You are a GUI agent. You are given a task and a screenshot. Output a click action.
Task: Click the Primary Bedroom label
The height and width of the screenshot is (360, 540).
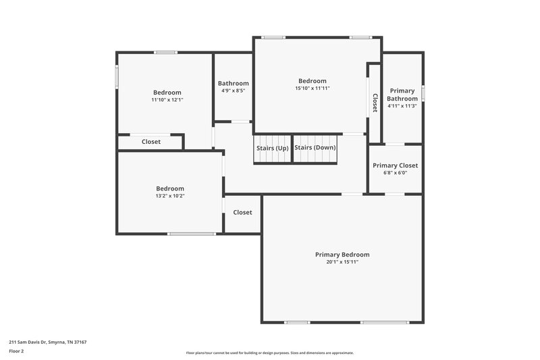coord(342,255)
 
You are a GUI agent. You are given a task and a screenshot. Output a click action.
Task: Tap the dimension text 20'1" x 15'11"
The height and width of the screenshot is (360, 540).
coord(342,262)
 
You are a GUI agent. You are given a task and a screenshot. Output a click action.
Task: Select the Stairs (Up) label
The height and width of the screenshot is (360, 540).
coord(273,148)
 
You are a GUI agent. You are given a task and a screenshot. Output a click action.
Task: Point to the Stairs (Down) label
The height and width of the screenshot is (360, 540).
coord(315,147)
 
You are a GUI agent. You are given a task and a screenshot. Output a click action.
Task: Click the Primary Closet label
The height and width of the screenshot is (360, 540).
coord(395,165)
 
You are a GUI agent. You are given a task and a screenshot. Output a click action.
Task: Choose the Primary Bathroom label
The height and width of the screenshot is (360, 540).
coord(402,95)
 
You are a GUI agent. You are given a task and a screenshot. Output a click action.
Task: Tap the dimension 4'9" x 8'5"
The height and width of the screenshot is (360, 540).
coord(233,91)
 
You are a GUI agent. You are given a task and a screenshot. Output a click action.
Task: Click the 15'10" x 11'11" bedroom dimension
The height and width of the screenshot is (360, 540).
coord(313,88)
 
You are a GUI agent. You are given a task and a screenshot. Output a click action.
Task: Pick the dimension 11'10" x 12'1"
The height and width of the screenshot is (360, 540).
coord(167,100)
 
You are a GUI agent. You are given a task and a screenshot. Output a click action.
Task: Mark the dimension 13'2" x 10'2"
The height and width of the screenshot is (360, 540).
coord(170,196)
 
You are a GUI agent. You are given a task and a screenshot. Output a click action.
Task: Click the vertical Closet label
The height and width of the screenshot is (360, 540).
coord(375,103)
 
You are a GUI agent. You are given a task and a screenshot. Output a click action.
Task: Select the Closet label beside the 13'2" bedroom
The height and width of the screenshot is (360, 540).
coord(242,212)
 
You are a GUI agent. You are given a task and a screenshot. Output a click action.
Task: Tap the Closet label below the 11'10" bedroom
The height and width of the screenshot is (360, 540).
coord(151,142)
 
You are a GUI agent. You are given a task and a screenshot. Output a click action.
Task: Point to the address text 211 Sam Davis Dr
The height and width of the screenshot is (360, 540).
coord(48,342)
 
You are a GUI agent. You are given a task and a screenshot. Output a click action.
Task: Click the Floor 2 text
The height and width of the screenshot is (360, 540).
coord(17,351)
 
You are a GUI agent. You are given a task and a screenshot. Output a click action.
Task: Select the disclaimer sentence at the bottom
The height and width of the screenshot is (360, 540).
coord(270,353)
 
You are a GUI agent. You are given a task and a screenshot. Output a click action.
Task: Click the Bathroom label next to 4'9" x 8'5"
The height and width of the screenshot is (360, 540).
coord(233,84)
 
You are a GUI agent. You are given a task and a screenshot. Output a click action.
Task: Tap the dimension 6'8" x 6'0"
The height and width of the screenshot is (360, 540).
coord(395,173)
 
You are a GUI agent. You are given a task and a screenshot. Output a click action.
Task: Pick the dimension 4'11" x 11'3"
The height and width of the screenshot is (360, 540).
coord(402,106)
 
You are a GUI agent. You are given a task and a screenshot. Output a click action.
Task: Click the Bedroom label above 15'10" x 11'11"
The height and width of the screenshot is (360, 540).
coord(313,81)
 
